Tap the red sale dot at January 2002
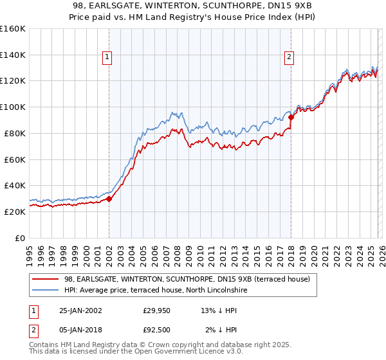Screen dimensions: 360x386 coord(109,199)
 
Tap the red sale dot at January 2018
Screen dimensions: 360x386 coord(291,117)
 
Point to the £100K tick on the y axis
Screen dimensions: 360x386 coord(13,107)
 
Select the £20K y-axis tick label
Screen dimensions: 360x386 coord(15,212)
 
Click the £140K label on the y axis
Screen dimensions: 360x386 coord(13,55)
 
